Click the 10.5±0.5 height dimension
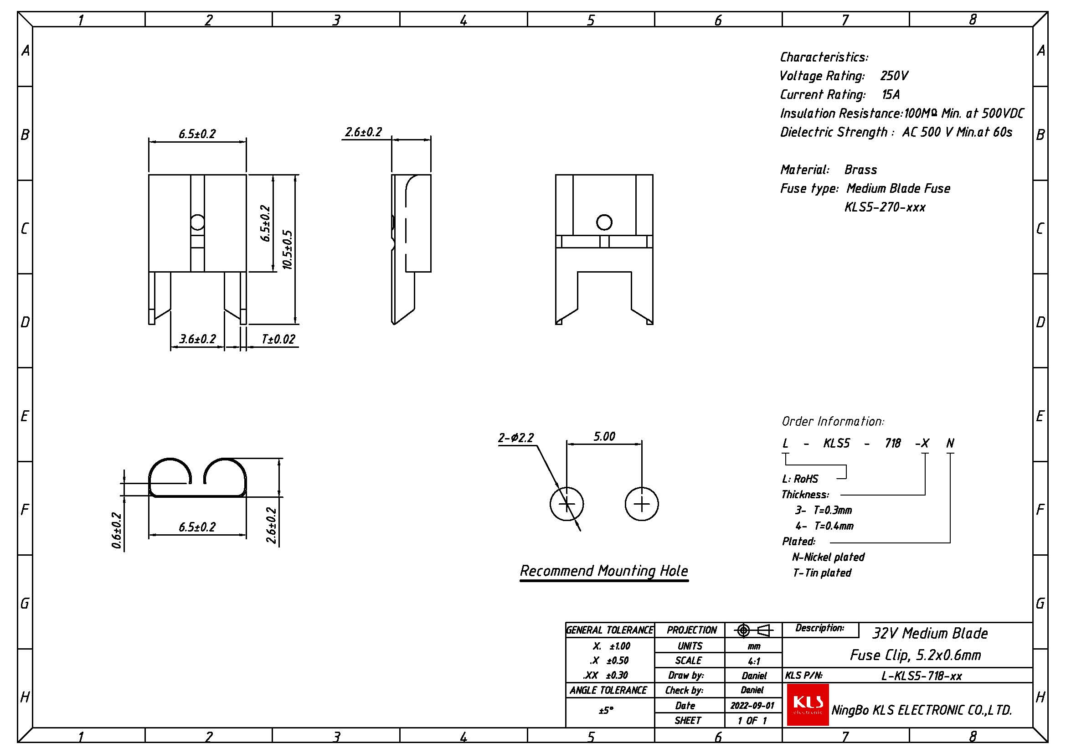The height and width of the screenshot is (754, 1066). (288, 249)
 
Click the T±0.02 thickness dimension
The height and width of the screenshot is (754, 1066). (278, 340)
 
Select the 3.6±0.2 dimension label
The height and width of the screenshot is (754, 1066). (198, 340)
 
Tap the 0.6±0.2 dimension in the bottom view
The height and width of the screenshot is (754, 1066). (117, 530)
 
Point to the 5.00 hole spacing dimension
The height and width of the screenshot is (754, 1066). (604, 436)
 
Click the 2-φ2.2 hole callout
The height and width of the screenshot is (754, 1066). (516, 438)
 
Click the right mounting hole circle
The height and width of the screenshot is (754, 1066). (642, 504)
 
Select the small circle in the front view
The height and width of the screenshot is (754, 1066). (198, 222)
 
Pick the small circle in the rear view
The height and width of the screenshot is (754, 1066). (604, 222)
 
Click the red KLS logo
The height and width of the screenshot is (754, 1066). (808, 704)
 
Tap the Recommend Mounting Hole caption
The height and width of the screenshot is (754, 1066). (603, 571)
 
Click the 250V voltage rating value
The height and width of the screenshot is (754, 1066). (894, 76)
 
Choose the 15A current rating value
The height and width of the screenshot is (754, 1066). (891, 95)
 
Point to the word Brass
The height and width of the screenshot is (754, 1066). (860, 170)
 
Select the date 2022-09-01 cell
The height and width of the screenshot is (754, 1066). (752, 705)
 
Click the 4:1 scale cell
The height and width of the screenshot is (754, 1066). (753, 661)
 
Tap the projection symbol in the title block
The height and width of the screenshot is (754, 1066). (753, 630)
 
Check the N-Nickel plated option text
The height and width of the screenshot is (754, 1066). (828, 557)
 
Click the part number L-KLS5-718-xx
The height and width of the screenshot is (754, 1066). (921, 676)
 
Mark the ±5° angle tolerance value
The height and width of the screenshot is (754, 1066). (606, 710)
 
